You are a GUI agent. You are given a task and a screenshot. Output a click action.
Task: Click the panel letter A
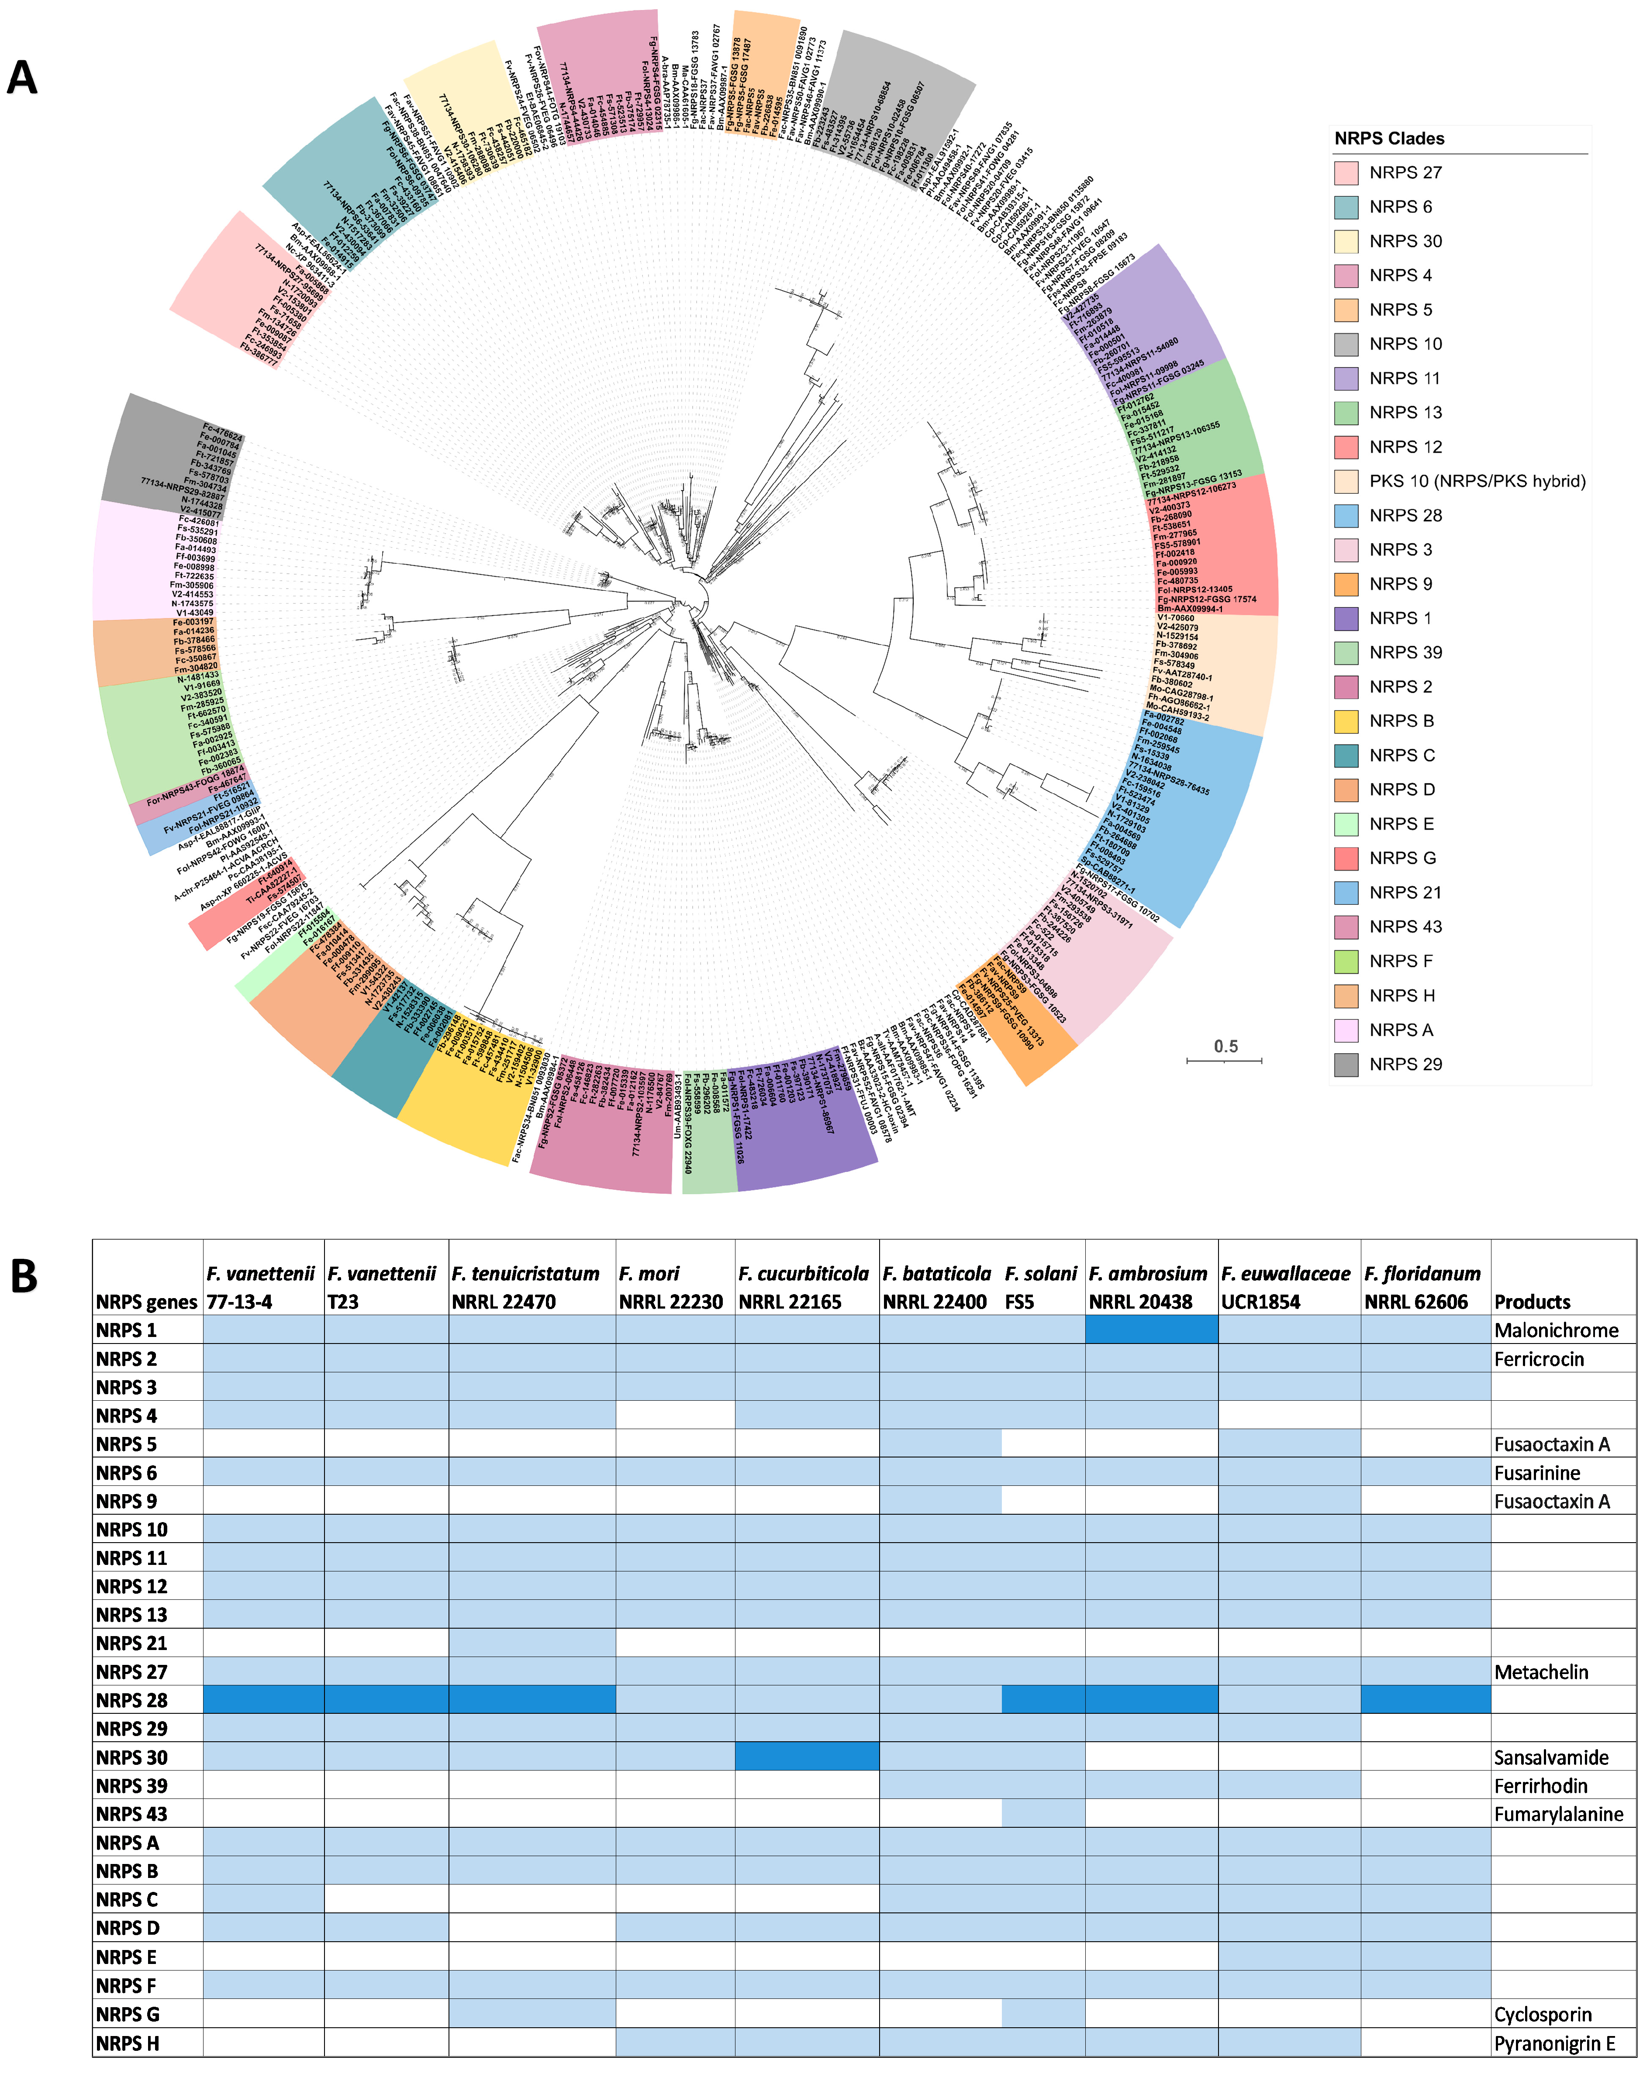(22, 77)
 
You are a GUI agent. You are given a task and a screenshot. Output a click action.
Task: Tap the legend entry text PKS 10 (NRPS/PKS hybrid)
(1477, 481)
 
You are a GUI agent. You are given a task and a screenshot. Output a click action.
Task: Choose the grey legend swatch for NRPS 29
(1346, 1064)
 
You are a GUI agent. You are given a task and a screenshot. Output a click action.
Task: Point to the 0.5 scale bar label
(1225, 1046)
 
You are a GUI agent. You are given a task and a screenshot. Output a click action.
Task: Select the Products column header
(1532, 1302)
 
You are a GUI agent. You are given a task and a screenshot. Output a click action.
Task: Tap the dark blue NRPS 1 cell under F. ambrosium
(1151, 1330)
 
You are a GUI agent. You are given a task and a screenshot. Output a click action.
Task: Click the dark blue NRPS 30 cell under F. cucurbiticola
(806, 1757)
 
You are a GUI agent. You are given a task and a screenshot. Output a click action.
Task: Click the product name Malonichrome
(1556, 1330)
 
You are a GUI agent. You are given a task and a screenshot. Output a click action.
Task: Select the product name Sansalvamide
(1551, 1757)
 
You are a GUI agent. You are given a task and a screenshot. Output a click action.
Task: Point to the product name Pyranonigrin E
(1554, 2043)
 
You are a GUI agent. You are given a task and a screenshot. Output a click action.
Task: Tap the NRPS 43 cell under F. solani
(1043, 1813)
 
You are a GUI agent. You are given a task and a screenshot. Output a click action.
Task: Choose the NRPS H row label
(128, 2043)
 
